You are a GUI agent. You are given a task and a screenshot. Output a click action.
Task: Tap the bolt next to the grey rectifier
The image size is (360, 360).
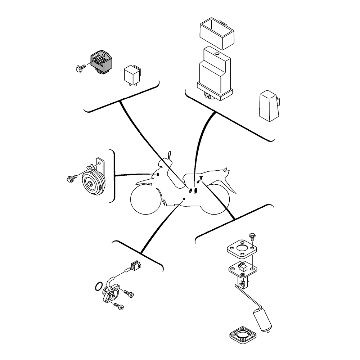coord(80,67)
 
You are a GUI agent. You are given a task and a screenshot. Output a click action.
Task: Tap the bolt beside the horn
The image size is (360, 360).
coord(71,178)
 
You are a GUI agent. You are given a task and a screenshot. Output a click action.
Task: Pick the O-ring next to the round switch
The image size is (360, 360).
coord(97,287)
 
